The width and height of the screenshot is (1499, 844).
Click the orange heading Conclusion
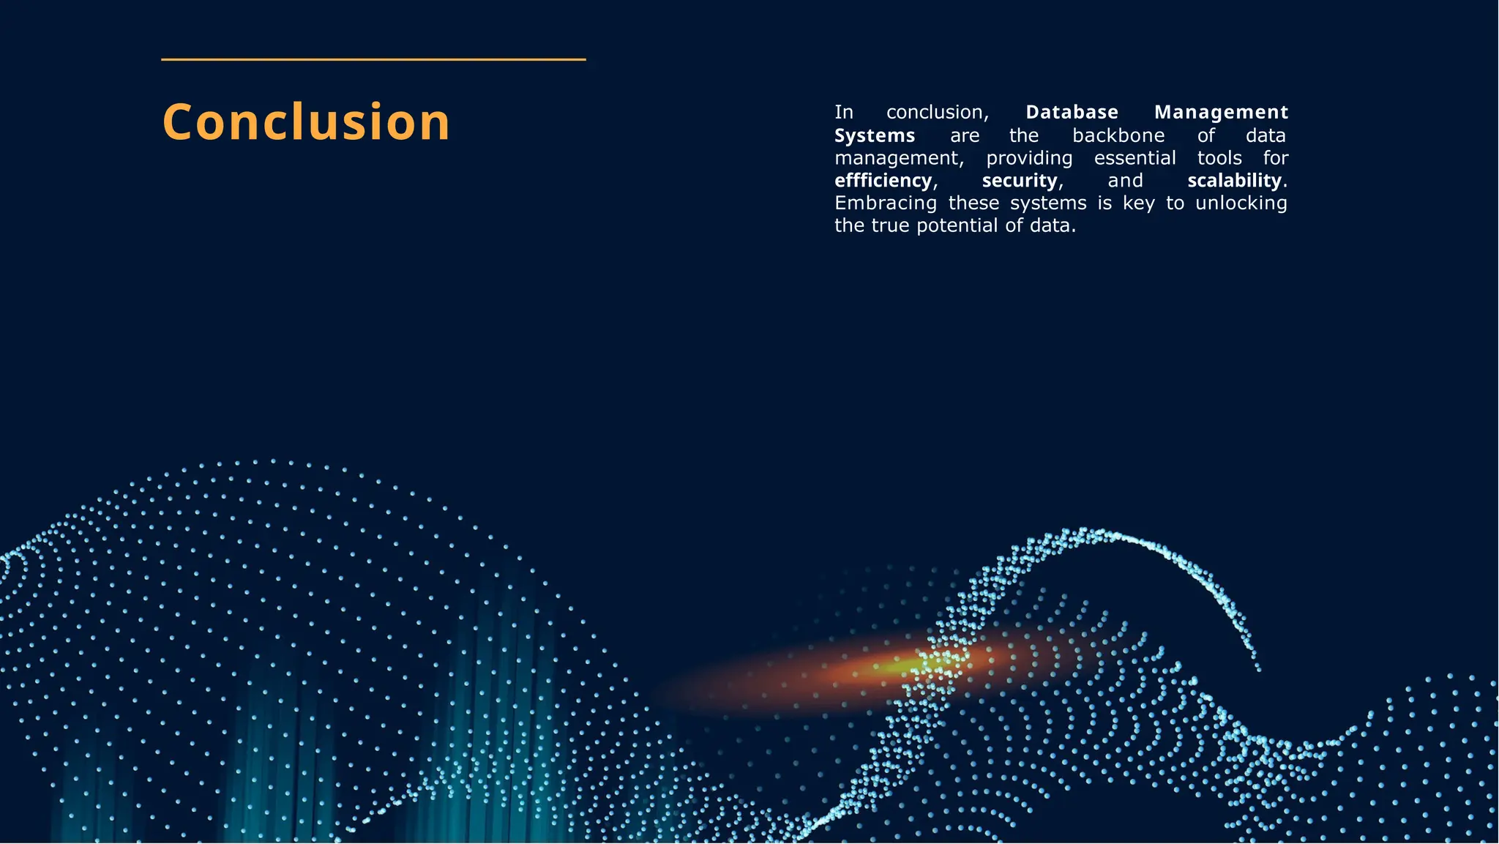(306, 122)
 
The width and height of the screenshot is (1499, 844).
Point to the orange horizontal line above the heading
(373, 59)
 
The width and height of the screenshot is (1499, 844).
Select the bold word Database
(1072, 112)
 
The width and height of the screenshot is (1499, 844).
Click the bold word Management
(1221, 112)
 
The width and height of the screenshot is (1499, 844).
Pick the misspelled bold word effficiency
(883, 180)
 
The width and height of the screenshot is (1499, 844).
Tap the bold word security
(1020, 180)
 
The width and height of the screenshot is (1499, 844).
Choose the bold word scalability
(1235, 180)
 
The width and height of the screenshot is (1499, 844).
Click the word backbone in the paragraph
(1118, 135)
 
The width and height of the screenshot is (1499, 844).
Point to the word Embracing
(886, 203)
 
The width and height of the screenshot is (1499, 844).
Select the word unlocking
(1241, 203)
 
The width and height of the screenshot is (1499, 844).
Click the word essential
(1134, 158)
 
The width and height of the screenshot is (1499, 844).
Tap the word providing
(1029, 158)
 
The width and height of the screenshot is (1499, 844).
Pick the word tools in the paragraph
(1219, 158)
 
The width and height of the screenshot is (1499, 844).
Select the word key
(1139, 203)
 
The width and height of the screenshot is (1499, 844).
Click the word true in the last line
(889, 225)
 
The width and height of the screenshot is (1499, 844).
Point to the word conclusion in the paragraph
(937, 112)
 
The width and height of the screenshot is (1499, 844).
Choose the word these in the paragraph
(973, 203)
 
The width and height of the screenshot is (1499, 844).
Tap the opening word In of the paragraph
(843, 112)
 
